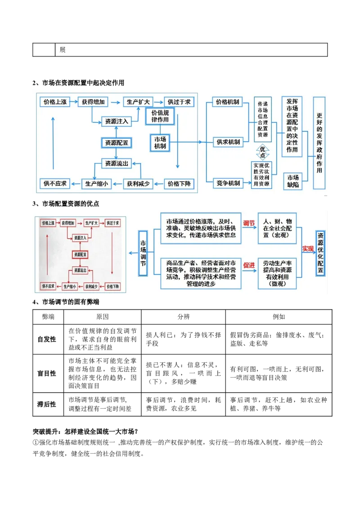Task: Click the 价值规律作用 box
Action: click(x=160, y=116)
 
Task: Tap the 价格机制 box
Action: click(x=228, y=102)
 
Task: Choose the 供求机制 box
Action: click(x=228, y=142)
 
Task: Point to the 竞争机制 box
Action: click(x=228, y=183)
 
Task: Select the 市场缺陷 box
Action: click(x=293, y=181)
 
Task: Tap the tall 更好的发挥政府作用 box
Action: click(x=319, y=143)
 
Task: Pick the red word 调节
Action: click(x=249, y=223)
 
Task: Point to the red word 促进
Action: click(x=249, y=265)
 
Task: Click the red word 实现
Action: click(x=308, y=249)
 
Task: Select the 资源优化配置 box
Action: click(x=320, y=253)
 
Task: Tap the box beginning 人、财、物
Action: click(x=277, y=228)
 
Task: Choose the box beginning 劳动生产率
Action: click(x=277, y=273)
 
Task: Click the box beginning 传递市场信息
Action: click(x=262, y=119)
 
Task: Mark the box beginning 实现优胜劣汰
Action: click(x=261, y=174)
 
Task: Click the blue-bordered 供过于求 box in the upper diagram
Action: click(x=179, y=102)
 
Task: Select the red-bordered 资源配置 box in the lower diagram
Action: click(x=80, y=254)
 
